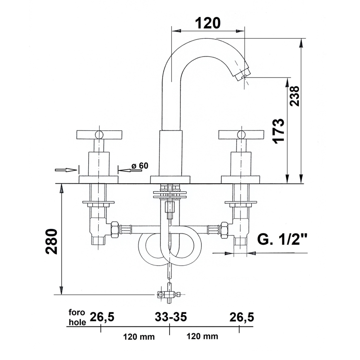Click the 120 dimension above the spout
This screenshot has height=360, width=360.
208,23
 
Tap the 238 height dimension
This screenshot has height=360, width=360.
295,96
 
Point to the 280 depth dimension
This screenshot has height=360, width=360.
51,241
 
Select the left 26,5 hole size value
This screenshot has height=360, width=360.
102,317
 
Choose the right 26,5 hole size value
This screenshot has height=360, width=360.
241,317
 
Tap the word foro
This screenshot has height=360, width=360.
76,314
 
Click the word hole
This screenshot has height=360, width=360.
77,322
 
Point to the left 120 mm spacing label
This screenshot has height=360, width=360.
139,337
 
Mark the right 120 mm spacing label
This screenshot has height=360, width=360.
202,337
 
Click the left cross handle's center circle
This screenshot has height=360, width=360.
99,134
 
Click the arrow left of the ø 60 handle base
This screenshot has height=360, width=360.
66,169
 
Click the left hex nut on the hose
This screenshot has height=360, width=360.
114,229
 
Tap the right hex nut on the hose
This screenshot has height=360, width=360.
224,229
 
